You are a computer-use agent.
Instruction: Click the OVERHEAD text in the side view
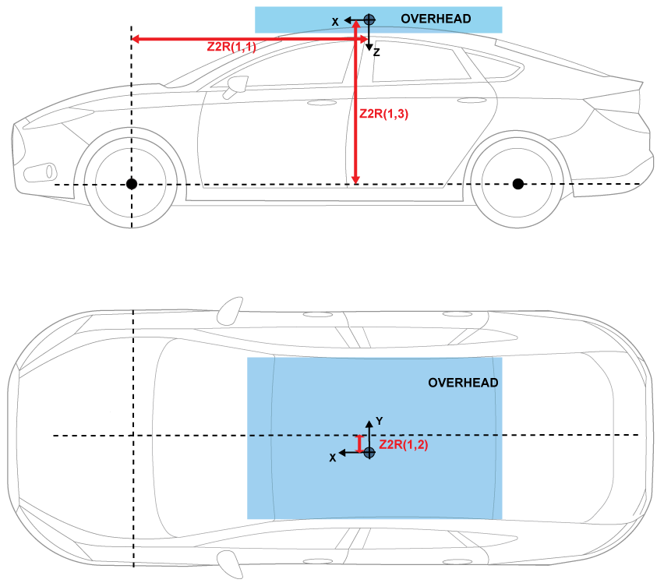point(436,19)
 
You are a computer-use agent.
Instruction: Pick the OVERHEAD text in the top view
point(463,383)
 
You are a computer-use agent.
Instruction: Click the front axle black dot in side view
point(132,184)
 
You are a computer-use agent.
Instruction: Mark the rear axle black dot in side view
point(518,184)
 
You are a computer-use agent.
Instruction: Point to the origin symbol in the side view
point(369,19)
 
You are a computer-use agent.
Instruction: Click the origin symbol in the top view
point(369,452)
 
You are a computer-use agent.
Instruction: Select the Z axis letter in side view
point(376,53)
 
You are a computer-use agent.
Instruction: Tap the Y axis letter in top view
point(379,421)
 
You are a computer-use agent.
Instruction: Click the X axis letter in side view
point(335,23)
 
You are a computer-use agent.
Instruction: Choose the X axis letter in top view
point(333,458)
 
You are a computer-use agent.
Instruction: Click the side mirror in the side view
point(234,87)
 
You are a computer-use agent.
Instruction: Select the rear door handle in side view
point(471,101)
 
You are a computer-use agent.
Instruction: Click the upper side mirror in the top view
point(228,311)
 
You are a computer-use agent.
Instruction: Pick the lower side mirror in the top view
point(228,560)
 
